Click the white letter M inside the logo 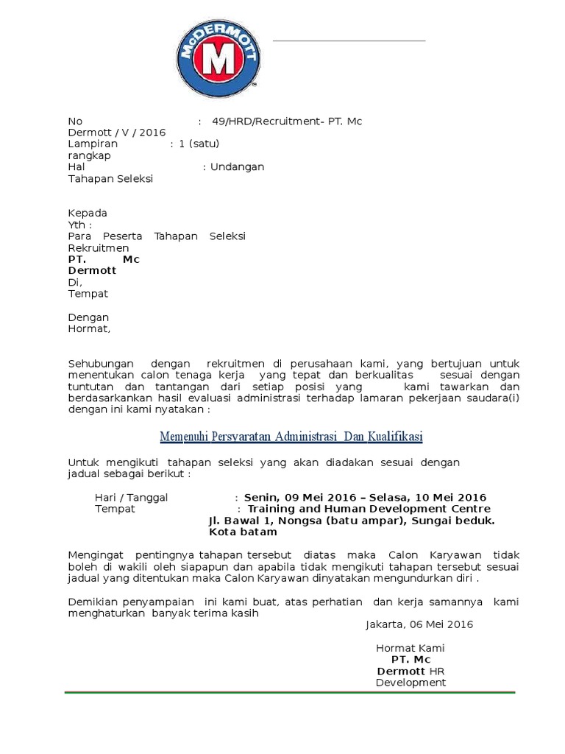(x=217, y=62)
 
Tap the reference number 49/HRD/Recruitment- (x=268, y=121)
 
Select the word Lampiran (x=93, y=144)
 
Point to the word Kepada (x=88, y=214)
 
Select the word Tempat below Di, (x=88, y=294)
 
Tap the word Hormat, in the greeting (x=89, y=329)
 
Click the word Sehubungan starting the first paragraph (x=101, y=364)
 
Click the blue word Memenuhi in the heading (x=185, y=437)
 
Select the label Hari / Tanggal (x=131, y=498)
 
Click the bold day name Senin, (x=262, y=498)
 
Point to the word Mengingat (x=96, y=554)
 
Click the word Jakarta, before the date (x=385, y=624)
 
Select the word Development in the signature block (x=411, y=683)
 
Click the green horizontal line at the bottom (x=289, y=692)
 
